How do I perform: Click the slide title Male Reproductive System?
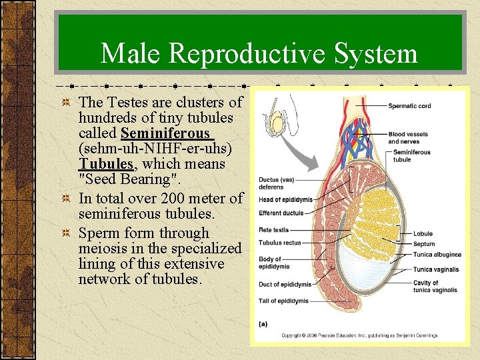[x=259, y=53]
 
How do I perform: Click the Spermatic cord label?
[x=409, y=106]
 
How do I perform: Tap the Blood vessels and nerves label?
[x=408, y=138]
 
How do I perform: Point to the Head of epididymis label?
[x=285, y=200]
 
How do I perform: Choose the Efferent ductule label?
[x=281, y=213]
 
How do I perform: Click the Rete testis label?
[x=273, y=230]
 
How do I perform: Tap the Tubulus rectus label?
[x=280, y=242]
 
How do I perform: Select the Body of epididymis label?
[x=271, y=263]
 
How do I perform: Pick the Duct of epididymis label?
[x=285, y=284]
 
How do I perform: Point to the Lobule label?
[x=423, y=234]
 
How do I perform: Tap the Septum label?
[x=424, y=244]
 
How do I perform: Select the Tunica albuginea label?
[x=437, y=255]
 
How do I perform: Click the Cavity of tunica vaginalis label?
[x=435, y=287]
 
